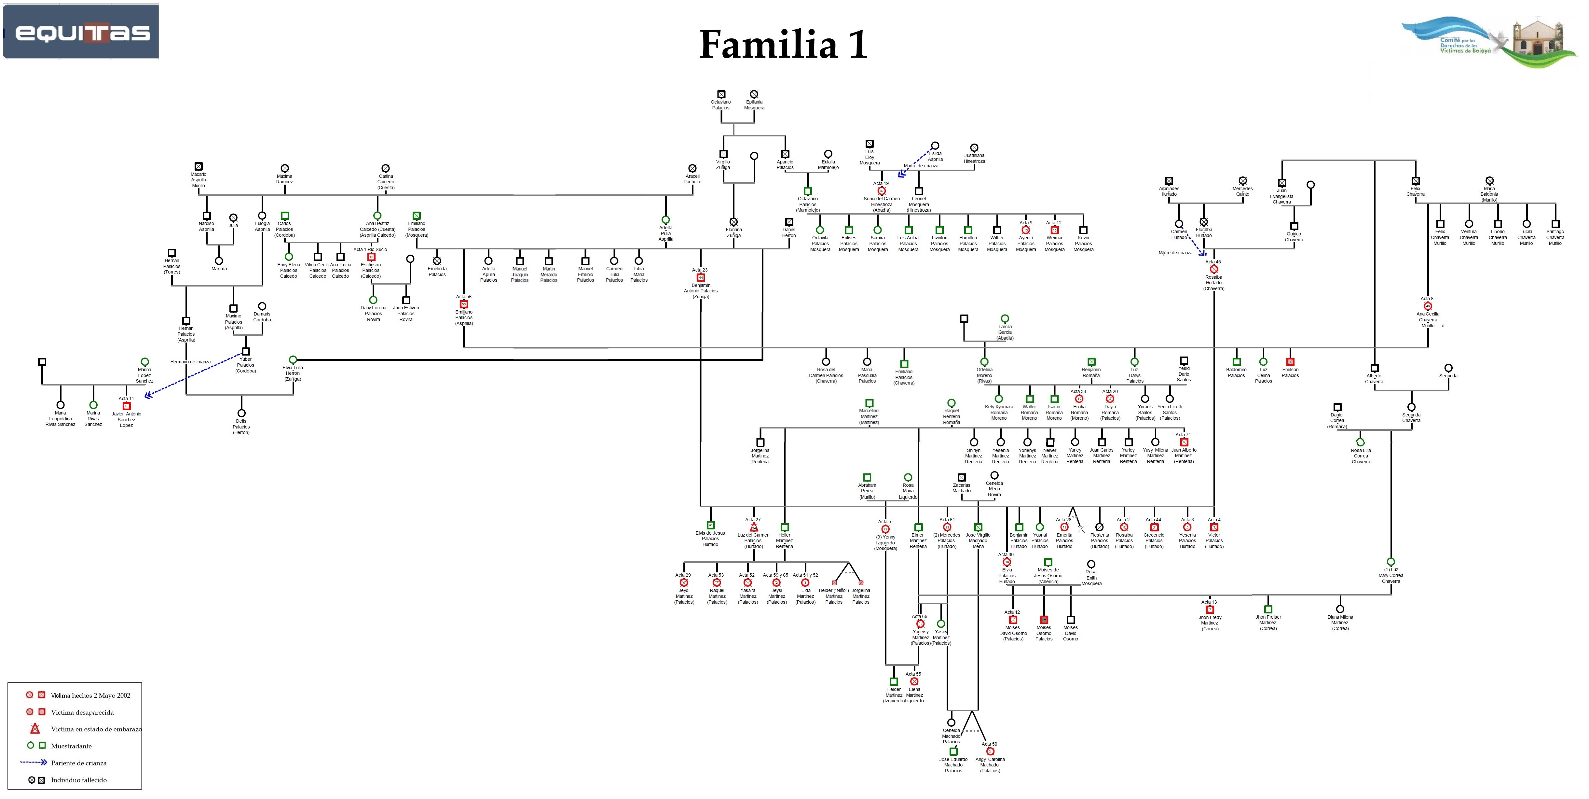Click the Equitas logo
point(81,32)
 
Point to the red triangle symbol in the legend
point(35,729)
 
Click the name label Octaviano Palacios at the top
point(720,105)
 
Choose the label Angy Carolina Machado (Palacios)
point(990,765)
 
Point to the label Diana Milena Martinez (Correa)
point(1340,623)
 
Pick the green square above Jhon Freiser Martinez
point(1268,609)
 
